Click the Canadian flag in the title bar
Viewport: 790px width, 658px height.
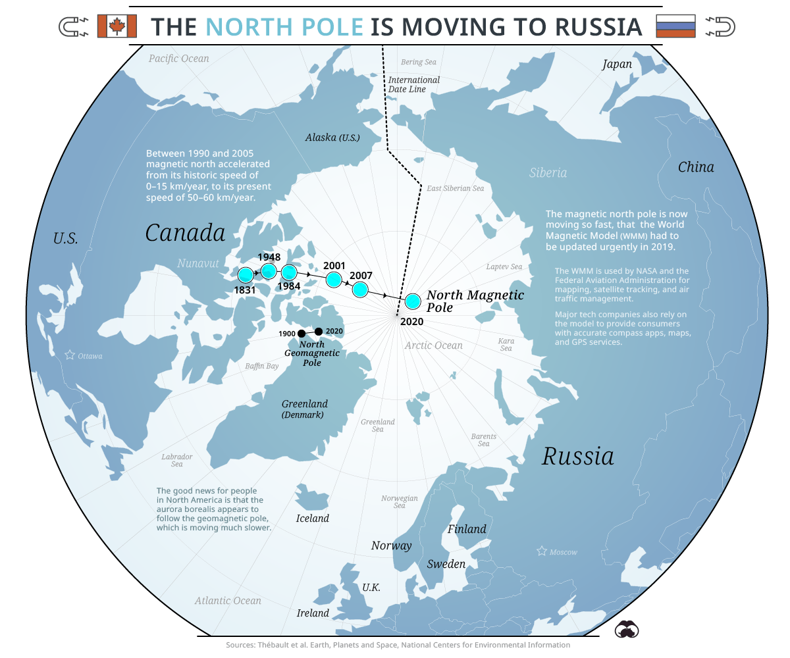[x=117, y=26]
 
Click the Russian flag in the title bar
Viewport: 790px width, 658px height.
[x=675, y=26]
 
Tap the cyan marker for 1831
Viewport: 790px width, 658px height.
[x=245, y=275]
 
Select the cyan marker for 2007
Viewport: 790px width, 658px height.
[x=360, y=289]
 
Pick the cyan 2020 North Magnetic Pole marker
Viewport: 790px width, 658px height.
[x=413, y=301]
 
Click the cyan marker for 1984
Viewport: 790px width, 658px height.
[x=289, y=272]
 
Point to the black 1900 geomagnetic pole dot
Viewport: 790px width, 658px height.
[x=302, y=334]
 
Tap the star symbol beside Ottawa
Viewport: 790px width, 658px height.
[x=70, y=355]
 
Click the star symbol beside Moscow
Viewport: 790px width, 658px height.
[x=542, y=551]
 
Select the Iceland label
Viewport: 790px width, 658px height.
[x=312, y=519]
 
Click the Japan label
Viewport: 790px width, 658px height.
[x=617, y=64]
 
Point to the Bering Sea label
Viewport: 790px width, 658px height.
[x=419, y=63]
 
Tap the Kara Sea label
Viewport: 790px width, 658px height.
[x=506, y=344]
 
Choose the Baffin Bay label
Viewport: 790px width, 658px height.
[x=262, y=366]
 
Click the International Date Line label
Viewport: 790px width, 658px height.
[x=413, y=84]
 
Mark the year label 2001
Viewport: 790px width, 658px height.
[x=334, y=266]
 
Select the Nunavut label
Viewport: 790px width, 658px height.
[x=197, y=264]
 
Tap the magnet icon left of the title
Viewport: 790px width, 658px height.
[x=74, y=27]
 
